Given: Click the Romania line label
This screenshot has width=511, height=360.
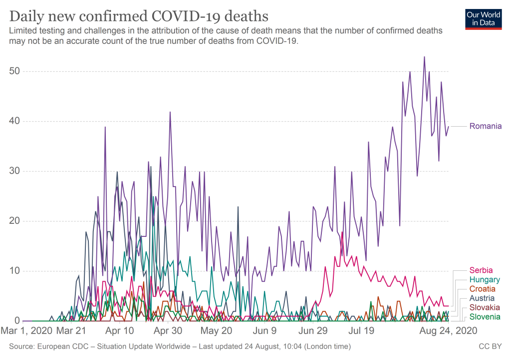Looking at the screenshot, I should coord(485,126).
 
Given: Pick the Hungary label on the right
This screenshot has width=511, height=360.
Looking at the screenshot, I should coord(484,280).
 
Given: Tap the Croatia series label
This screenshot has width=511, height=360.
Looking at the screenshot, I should coord(483,289).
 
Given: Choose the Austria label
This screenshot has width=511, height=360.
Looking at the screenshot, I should coord(482,298).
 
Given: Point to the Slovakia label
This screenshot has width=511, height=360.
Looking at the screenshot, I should coord(484,308).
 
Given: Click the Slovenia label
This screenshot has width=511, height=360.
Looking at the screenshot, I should coord(484,317).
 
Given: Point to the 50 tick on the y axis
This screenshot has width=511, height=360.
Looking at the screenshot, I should coord(14,71).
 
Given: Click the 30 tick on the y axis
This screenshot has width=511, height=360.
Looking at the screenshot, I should coord(14,171).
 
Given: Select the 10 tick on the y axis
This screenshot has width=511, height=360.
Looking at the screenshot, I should coord(14,271).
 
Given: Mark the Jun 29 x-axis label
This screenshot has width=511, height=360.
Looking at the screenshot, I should coord(313,330).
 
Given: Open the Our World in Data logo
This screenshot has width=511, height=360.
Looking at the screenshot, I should coord(483,18).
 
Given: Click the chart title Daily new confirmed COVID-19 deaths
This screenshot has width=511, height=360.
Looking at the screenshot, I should coord(135,15).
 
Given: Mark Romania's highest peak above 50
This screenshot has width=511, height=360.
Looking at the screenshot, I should coord(424,57).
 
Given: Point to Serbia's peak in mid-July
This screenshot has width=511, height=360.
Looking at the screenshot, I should coord(342,232).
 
